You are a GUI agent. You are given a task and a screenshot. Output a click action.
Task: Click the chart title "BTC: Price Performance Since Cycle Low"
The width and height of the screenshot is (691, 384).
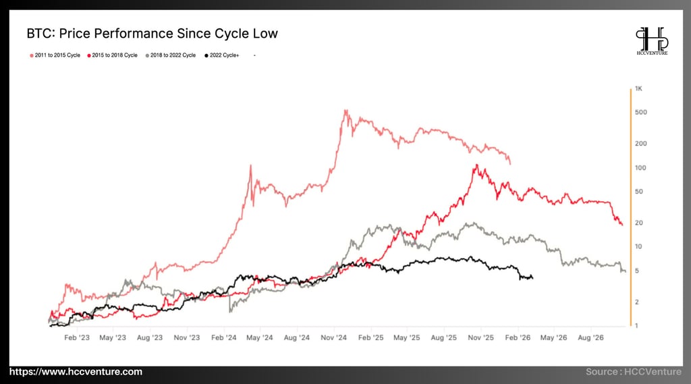(152, 33)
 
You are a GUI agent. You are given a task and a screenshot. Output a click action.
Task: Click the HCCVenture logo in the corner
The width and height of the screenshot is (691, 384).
(652, 41)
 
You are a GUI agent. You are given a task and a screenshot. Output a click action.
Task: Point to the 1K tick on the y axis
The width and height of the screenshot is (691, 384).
(638, 89)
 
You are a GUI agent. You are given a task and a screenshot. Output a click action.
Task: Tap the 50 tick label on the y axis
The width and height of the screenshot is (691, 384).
(639, 192)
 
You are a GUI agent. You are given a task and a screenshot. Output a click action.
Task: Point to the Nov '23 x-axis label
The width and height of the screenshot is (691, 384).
(186, 337)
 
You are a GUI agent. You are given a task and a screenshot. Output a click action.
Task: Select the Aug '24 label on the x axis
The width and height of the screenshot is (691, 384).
(296, 337)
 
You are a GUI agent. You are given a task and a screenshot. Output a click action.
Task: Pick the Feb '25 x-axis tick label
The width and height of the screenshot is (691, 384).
(370, 337)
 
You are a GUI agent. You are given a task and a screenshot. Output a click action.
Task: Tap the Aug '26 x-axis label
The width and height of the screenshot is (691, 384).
(590, 337)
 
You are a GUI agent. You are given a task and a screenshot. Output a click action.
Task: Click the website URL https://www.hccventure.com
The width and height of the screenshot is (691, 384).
(76, 372)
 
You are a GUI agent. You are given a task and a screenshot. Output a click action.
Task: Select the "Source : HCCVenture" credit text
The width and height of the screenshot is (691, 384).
(634, 372)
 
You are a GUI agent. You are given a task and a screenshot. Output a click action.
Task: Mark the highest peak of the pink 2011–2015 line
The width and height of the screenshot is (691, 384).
(345, 110)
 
